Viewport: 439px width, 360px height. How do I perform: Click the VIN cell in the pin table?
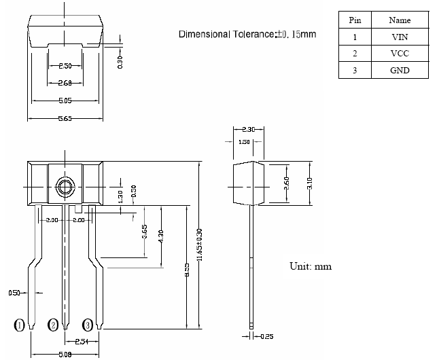point(400,37)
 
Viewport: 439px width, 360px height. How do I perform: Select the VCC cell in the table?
point(400,54)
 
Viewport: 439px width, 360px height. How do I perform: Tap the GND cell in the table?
point(400,71)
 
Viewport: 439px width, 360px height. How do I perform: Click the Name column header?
point(400,20)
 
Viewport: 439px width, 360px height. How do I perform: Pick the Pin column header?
point(355,20)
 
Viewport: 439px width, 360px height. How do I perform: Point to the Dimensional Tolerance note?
point(247,34)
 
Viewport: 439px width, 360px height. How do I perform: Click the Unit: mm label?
point(311,266)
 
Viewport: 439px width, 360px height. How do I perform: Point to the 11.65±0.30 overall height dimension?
point(200,248)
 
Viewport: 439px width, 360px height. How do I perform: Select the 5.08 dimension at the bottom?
point(65,354)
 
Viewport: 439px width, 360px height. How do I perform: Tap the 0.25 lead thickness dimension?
point(267,336)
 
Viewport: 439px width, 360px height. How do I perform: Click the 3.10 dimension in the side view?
point(310,184)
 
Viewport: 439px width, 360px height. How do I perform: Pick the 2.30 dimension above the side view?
point(248,129)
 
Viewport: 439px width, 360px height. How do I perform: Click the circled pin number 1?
point(20,325)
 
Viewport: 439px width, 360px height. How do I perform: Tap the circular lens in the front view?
point(65,187)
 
